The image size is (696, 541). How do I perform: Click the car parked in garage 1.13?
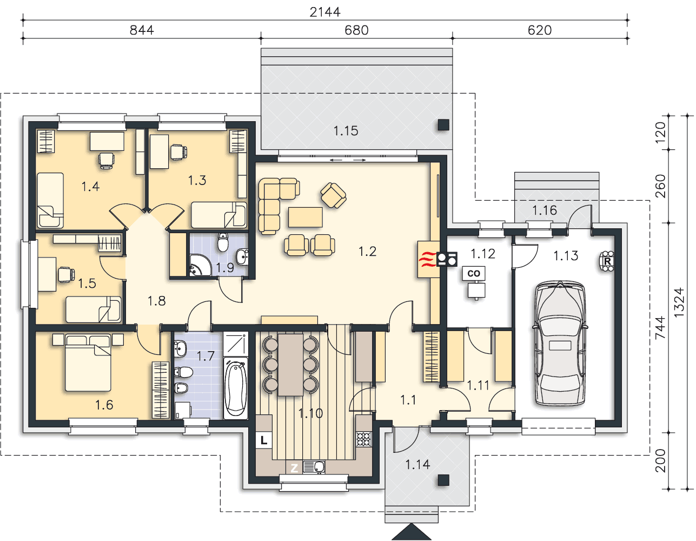coord(560,344)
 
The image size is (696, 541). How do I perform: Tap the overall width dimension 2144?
coord(325,12)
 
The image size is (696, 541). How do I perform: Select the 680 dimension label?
coord(356,30)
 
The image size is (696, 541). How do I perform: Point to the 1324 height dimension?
coord(679,303)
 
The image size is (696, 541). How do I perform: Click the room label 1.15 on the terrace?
coord(346,131)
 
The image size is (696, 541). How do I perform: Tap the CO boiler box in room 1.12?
coord(473,273)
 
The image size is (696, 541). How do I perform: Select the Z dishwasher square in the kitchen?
coord(294,468)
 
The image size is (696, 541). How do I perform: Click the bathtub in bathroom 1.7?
coord(235,388)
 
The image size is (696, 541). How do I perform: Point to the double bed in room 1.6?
coord(88,362)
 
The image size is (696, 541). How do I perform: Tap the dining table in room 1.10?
coord(290,365)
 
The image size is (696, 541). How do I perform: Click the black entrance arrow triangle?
coord(411,531)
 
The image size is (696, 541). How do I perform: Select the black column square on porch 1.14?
coord(443,480)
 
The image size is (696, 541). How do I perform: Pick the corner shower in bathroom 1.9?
coord(200,265)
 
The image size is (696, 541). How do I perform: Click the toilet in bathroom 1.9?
coord(223,242)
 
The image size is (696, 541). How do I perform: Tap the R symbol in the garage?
coord(607,261)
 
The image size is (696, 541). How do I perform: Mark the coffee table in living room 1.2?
coord(305,217)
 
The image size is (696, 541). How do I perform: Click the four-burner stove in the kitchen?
coord(364,439)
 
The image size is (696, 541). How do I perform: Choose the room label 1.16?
coord(545,210)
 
